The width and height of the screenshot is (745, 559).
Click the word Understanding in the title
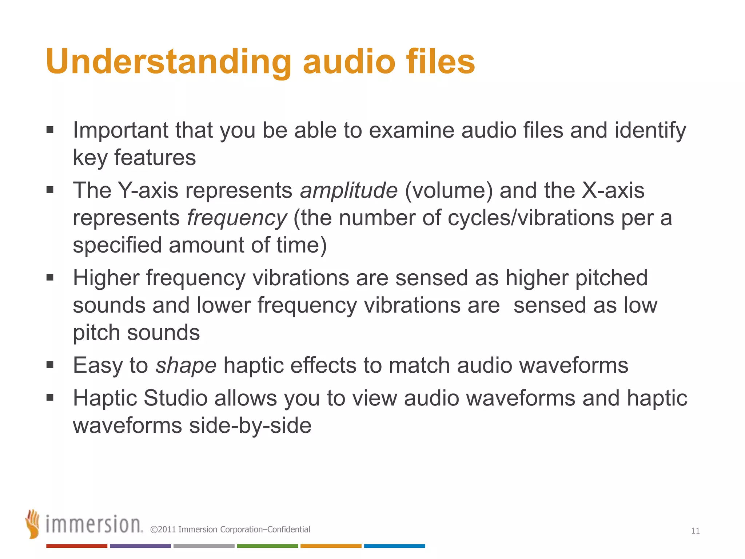tap(168, 62)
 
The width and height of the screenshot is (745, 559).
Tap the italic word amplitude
tap(348, 190)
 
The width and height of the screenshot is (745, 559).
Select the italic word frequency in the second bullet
tap(237, 218)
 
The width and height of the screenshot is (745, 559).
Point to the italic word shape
tap(186, 365)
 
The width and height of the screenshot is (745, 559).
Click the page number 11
tap(695, 531)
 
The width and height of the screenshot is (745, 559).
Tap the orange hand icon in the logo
tap(32, 524)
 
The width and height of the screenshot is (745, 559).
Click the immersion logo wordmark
tap(94, 524)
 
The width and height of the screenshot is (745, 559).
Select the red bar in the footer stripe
tap(77, 546)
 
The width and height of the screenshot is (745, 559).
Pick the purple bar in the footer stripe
tap(140, 546)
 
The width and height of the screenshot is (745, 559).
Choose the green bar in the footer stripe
tap(267, 546)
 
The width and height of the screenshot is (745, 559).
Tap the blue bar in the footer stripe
tap(394, 546)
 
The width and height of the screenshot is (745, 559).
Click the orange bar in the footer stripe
tap(331, 546)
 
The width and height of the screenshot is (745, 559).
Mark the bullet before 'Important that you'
tap(50, 130)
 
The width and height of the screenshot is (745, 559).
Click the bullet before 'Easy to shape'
tap(50, 365)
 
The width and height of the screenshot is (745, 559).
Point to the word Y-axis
tap(148, 190)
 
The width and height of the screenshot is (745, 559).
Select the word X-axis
tap(613, 190)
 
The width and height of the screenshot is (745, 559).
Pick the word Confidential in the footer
tap(288, 530)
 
